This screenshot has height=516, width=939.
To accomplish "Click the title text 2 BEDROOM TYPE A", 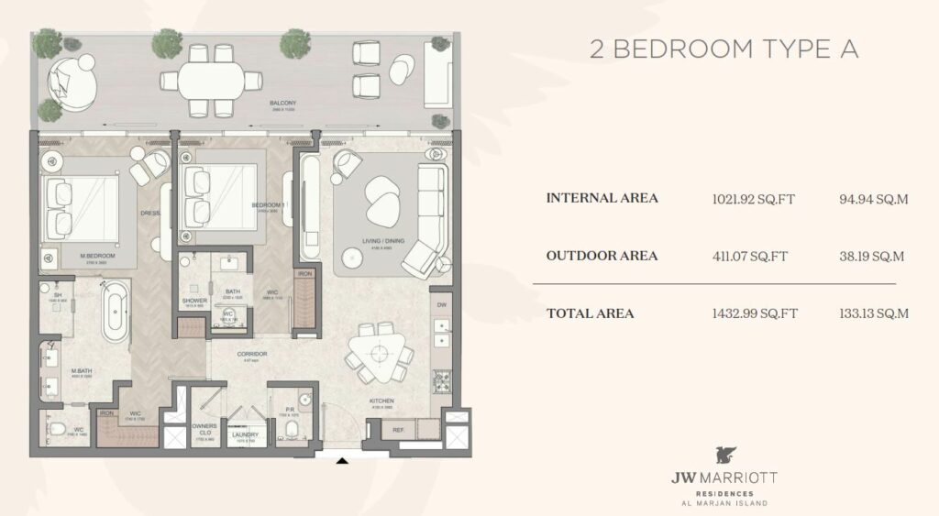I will [724, 49].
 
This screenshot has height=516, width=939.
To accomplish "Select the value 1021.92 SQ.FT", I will [755, 198].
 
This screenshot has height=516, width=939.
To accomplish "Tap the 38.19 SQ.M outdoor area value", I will [872, 256].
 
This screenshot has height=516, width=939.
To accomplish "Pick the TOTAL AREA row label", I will [590, 313].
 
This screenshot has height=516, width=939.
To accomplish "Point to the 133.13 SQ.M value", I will [874, 313].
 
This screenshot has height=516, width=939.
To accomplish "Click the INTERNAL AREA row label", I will [602, 198].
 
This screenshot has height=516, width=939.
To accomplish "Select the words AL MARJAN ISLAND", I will [723, 503].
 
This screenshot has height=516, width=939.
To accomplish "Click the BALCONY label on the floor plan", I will [282, 103].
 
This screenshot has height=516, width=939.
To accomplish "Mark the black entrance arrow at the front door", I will [341, 461].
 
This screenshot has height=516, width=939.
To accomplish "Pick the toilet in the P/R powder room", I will [292, 430].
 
